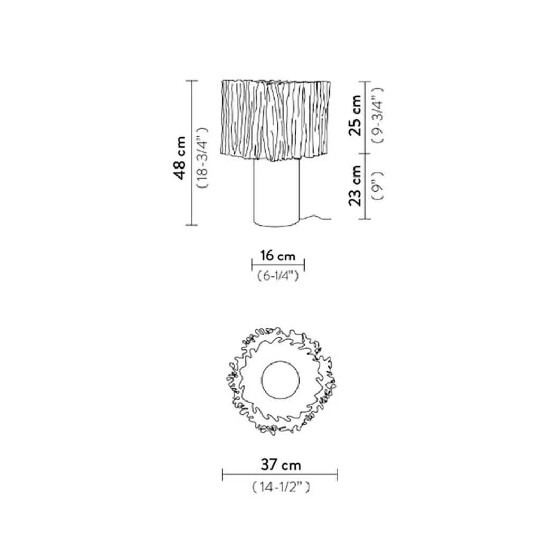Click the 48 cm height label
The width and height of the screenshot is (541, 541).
181,157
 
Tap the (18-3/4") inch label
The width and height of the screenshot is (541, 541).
202,157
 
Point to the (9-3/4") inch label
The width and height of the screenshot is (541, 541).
377,115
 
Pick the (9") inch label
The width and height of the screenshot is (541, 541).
377,185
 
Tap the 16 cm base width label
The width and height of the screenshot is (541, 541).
278,256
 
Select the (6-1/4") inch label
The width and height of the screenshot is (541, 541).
278,276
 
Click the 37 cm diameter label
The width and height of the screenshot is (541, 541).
281,464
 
